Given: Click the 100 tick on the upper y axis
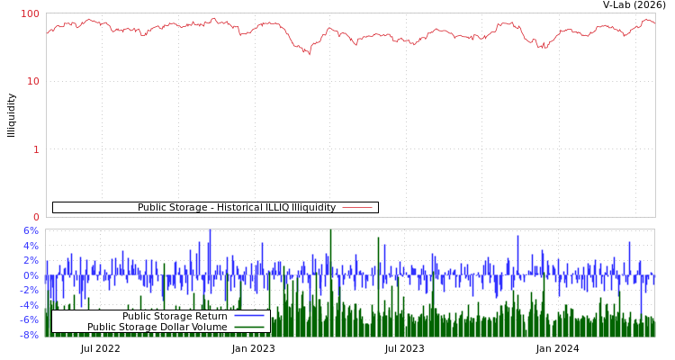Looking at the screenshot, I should tap(31, 13).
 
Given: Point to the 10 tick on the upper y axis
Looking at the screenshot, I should tap(33, 81).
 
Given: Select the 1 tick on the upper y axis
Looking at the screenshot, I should tap(36, 149).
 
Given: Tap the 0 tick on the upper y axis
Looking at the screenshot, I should tap(36, 217).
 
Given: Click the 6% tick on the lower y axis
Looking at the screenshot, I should tap(30, 230).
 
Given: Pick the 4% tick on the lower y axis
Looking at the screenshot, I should tap(30, 246).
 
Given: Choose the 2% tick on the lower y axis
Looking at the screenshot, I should tap(30, 260).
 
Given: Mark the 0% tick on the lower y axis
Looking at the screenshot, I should tap(30, 275).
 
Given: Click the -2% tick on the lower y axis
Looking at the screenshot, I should tap(30, 290).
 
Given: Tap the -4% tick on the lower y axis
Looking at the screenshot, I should tap(30, 305).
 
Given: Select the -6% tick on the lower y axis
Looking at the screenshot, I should tap(30, 319).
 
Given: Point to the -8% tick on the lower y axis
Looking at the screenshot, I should tap(30, 335).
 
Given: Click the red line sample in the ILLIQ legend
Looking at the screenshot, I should tap(357, 208).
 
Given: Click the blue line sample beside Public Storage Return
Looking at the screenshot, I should tap(249, 316).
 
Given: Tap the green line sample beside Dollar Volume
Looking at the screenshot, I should tap(249, 327).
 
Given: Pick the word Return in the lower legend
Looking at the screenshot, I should tap(210, 316).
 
